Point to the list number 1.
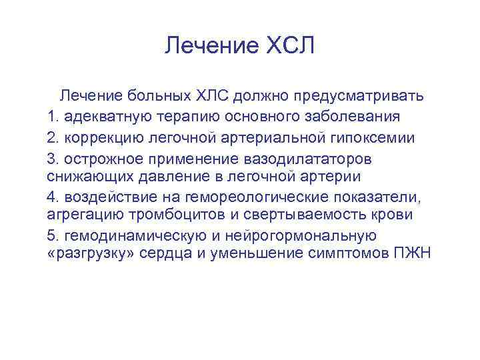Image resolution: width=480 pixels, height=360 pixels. [x=53, y=117]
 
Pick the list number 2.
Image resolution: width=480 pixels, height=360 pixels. [x=53, y=137]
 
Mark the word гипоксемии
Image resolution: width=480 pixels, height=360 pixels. [x=377, y=137]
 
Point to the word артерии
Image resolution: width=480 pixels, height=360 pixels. [x=331, y=177]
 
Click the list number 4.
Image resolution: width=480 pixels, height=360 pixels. [x=53, y=197]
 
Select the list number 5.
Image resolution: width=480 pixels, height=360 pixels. [x=53, y=235]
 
